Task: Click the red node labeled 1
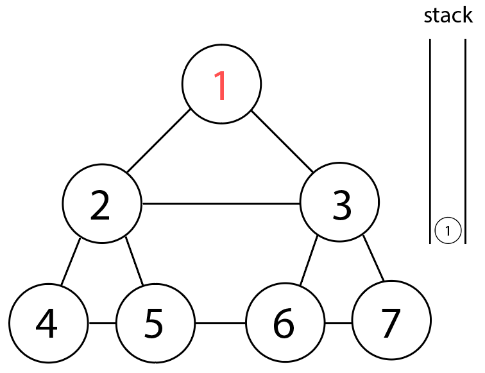coord(221,85)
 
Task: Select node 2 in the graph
coord(101,204)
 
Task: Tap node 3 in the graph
coord(340,204)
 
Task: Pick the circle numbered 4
coord(48,322)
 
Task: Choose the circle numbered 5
coord(155,322)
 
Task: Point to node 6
coord(285,322)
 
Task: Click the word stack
coord(448,15)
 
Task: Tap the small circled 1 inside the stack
coord(448,230)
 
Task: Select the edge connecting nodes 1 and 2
coord(158,142)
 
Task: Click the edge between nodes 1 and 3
coord(282,142)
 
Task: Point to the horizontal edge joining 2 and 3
coord(221,204)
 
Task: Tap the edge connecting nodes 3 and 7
coord(373,259)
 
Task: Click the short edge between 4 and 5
coord(101,322)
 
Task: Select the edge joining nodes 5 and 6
coord(220,322)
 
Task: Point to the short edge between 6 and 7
coord(338,322)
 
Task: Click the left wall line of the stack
coord(430,141)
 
